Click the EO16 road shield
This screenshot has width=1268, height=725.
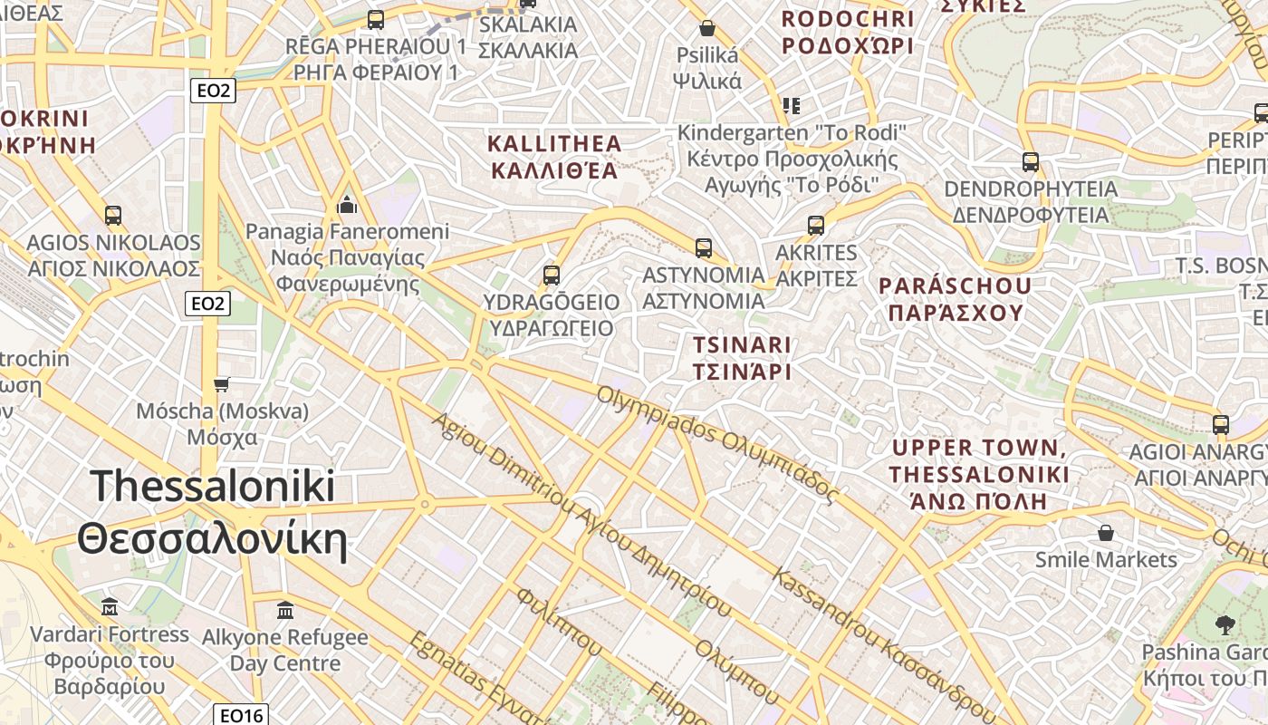coord(242,715)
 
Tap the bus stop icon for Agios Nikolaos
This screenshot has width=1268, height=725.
coord(112,216)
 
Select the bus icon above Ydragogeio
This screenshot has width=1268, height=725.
coord(551,275)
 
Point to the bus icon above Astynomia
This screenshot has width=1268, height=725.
coord(703,247)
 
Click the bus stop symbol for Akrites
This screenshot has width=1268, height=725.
coord(816,225)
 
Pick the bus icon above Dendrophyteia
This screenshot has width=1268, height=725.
coord(1030,162)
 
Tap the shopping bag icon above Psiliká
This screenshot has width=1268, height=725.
coord(707,28)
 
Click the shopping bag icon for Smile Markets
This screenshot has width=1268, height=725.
coord(1105,532)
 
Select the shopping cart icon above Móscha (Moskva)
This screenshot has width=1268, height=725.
coord(222,384)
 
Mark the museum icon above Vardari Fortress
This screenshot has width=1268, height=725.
coord(110,606)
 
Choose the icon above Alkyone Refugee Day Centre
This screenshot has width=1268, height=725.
coord(285,610)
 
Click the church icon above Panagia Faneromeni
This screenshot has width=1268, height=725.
coord(346,205)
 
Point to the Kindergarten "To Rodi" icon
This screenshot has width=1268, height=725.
coord(792,106)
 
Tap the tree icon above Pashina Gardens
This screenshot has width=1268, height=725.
coord(1225,624)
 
